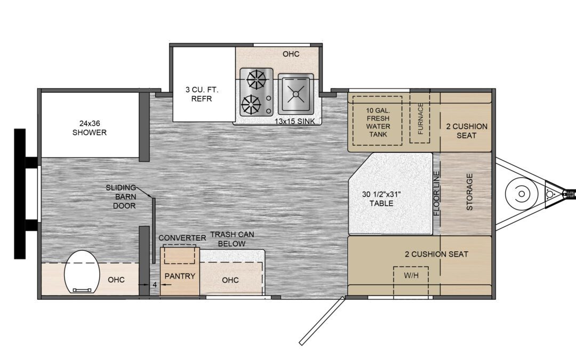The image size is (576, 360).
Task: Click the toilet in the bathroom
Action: [x=82, y=272]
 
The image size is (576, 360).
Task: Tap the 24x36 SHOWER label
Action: [x=89, y=128]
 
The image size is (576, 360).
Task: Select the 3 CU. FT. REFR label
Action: [x=202, y=94]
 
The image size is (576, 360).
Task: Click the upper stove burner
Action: [x=256, y=79]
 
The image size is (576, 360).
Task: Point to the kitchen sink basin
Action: [x=295, y=94]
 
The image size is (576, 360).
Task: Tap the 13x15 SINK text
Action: [x=294, y=121]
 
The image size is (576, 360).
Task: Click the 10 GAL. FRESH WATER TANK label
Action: [x=378, y=122]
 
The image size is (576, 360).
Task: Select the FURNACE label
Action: [x=421, y=118]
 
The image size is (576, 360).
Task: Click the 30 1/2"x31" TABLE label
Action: [x=381, y=199]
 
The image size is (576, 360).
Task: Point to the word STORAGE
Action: [x=469, y=192]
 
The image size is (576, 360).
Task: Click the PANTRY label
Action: [x=180, y=276]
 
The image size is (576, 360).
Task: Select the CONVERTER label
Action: [x=182, y=238]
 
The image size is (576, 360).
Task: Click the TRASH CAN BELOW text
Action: [x=232, y=239]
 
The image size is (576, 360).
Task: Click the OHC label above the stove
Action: [x=291, y=54]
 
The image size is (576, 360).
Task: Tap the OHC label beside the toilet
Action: [x=116, y=280]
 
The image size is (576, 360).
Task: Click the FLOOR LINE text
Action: [x=437, y=194]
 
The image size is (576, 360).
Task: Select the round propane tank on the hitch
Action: [x=521, y=193]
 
